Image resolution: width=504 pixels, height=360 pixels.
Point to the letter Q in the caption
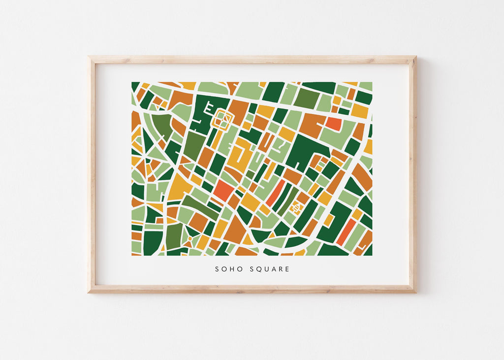point(259,269)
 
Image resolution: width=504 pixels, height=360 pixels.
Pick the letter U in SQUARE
point(267,269)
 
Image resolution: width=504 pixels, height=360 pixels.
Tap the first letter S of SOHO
point(217,269)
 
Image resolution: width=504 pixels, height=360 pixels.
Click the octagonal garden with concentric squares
point(224,119)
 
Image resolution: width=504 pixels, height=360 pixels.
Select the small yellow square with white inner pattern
point(297,208)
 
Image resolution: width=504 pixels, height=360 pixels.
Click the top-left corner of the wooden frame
point(90,57)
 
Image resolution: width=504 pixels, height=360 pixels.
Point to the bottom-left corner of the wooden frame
point(90,292)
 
